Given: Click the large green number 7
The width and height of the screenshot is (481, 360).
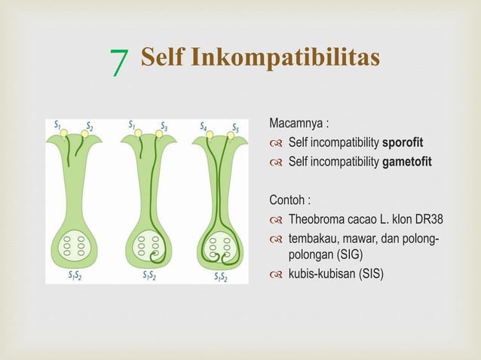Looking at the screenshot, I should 118,63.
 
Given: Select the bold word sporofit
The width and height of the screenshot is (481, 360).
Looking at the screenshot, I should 403,142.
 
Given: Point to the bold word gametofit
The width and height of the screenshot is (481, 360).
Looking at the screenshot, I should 407,160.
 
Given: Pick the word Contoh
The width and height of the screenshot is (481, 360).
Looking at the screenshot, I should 287,200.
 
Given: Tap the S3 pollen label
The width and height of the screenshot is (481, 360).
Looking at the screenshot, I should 164,125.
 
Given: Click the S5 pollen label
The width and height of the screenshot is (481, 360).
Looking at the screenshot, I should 235,127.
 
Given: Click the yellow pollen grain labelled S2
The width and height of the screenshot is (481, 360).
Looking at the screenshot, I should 85,133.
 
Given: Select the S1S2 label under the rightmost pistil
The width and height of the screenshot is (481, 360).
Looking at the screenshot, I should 220,276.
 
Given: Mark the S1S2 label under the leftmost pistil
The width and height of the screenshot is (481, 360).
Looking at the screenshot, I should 76,275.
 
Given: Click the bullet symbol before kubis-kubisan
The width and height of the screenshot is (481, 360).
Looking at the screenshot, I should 277,273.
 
